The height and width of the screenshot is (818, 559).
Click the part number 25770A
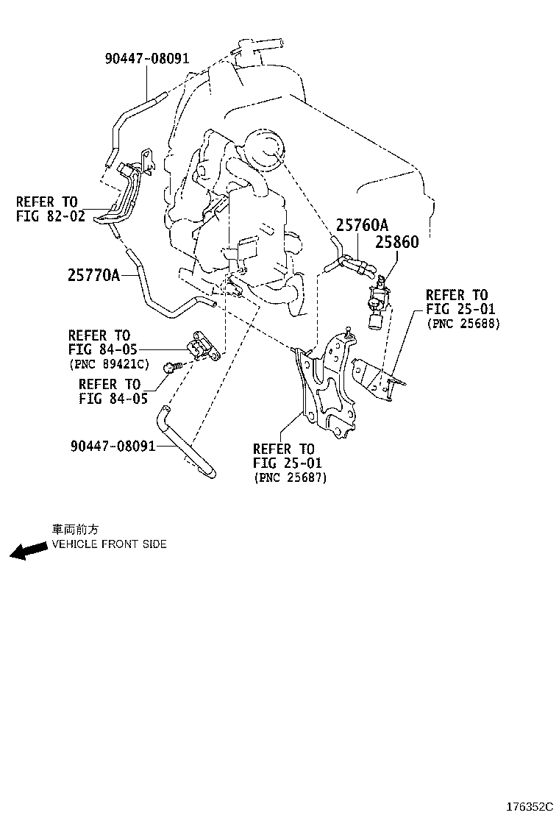(93, 275)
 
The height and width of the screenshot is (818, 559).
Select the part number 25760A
(363, 225)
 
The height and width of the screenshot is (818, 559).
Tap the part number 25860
(397, 242)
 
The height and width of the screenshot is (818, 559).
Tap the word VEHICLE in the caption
(74, 544)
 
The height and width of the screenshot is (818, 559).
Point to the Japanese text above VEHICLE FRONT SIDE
(74, 529)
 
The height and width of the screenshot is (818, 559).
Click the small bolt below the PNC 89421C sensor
(174, 366)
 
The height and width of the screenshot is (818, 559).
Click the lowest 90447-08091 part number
(113, 446)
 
